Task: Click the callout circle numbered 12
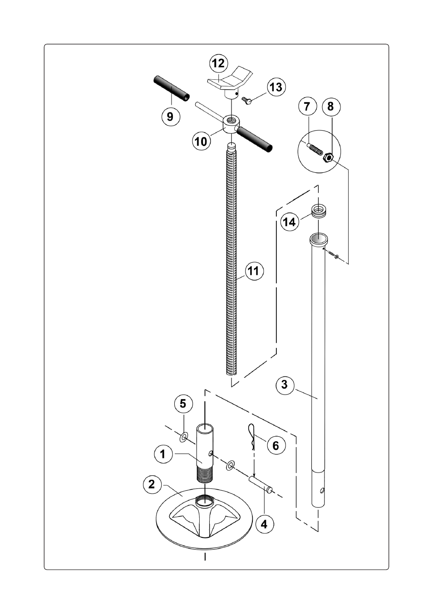[x=219, y=63]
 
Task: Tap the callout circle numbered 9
[x=170, y=117]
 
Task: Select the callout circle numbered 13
[x=276, y=87]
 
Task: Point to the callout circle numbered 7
[x=307, y=107]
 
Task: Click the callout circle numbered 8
[x=330, y=107]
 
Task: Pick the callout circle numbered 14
[x=290, y=222]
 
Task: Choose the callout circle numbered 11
[x=254, y=271]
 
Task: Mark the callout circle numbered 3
[x=285, y=385]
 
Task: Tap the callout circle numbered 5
[x=183, y=404]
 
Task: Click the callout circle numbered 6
[x=276, y=445]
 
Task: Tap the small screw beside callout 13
[x=246, y=100]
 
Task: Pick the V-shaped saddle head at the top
[x=230, y=83]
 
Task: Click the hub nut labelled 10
[x=231, y=124]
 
